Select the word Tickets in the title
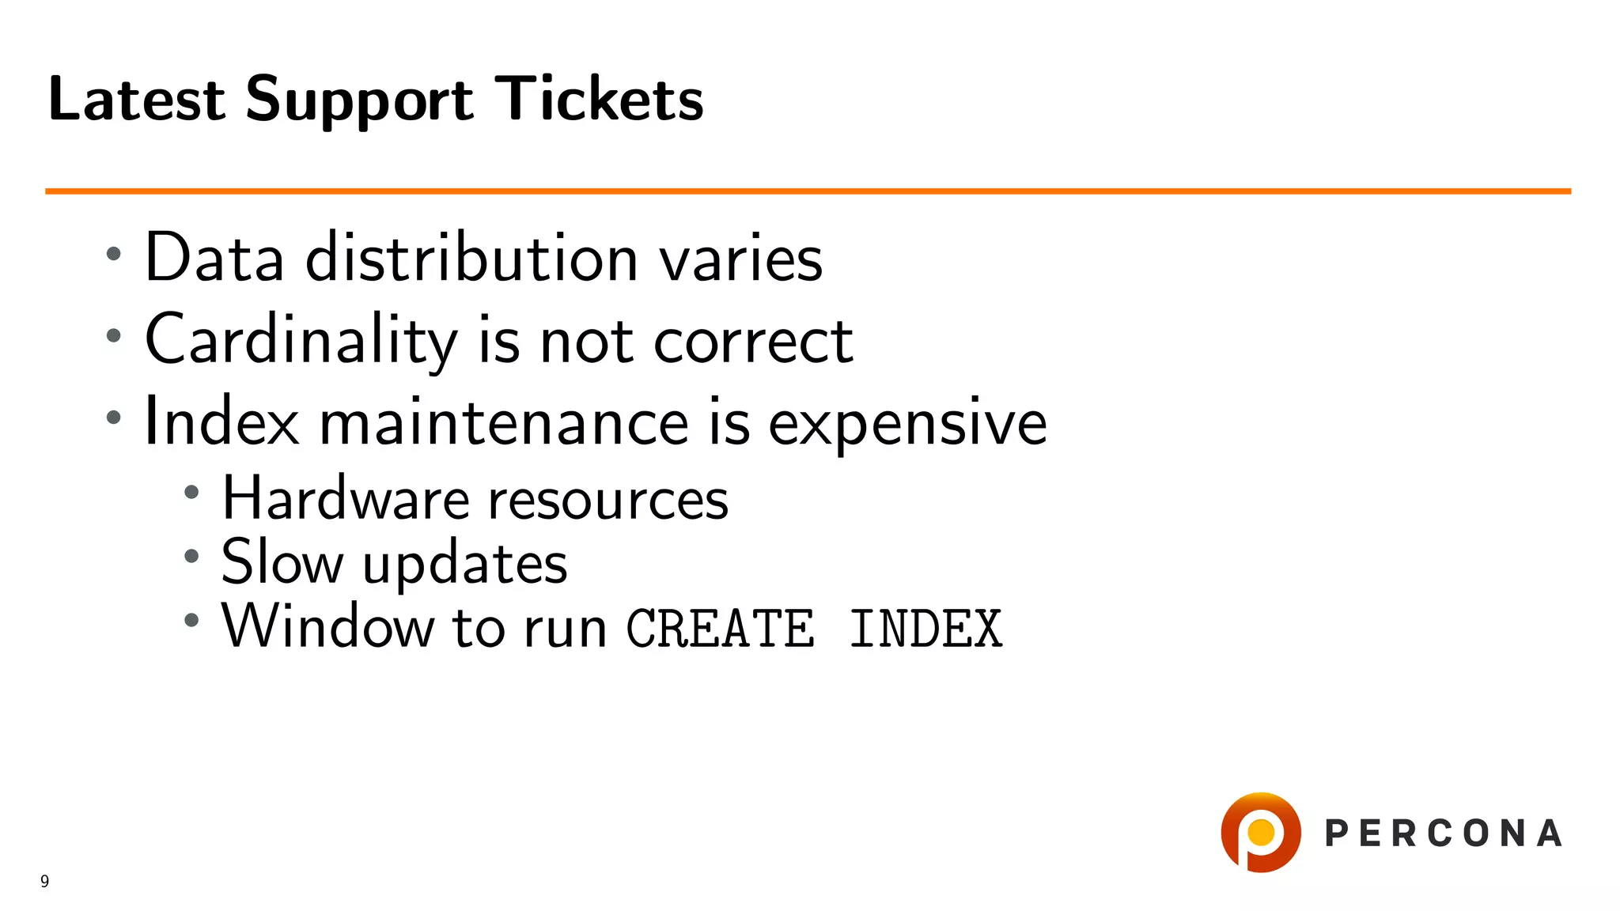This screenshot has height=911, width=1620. (599, 99)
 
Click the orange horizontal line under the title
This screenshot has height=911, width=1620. (807, 191)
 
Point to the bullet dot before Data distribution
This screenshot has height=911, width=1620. (114, 254)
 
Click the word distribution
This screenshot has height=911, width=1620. (471, 258)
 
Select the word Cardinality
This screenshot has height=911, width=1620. (301, 340)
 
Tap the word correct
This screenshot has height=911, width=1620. (753, 342)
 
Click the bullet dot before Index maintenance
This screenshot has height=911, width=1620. (114, 417)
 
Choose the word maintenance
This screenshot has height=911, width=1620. (504, 423)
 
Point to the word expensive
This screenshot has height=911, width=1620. (907, 425)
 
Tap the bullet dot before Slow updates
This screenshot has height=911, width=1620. (191, 556)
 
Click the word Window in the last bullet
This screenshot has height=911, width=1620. (327, 626)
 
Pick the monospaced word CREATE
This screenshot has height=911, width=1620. (720, 629)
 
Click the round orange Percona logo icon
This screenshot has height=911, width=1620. (1260, 832)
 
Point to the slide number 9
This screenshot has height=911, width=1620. (45, 881)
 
